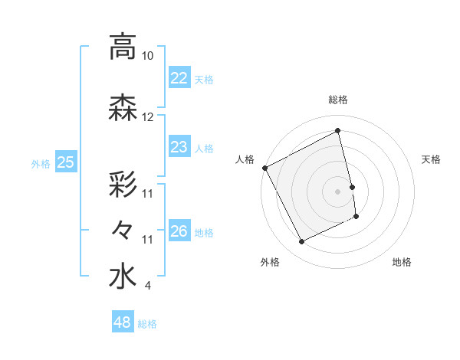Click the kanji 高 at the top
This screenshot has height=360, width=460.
click(x=123, y=47)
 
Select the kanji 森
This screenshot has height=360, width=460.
click(x=123, y=108)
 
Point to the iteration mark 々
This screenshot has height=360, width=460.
click(x=123, y=229)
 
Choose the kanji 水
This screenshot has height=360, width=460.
click(x=123, y=277)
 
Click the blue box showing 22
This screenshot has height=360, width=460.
click(x=179, y=77)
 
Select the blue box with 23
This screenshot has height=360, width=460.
click(x=179, y=147)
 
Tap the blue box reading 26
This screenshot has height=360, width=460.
click(x=179, y=231)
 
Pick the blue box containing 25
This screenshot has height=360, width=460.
click(x=66, y=162)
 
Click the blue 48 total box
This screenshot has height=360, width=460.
click(x=123, y=322)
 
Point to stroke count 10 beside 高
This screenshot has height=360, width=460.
click(x=147, y=56)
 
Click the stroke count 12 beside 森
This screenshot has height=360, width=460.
click(x=147, y=117)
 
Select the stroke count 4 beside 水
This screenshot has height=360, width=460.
click(x=147, y=286)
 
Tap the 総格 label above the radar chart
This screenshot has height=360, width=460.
click(x=338, y=100)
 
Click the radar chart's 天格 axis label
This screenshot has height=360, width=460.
click(x=432, y=159)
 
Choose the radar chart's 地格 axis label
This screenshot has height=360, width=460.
click(x=402, y=262)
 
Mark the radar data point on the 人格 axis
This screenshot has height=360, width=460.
click(x=264, y=168)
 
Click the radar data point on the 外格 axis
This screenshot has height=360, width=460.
click(x=302, y=242)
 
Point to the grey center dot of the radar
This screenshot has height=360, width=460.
click(x=338, y=191)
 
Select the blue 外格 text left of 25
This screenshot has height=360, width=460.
click(x=41, y=163)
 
